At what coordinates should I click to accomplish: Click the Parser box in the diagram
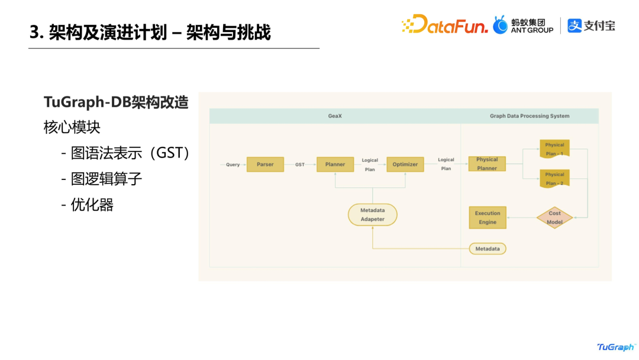[265, 165]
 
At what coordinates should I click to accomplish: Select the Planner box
[335, 165]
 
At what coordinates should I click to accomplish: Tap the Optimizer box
[405, 165]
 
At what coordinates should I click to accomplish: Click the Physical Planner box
[487, 163]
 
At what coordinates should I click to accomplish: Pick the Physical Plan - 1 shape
[554, 149]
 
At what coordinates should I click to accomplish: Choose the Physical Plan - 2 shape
[554, 178]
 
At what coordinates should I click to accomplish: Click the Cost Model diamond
[554, 218]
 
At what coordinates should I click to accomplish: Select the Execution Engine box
[488, 217]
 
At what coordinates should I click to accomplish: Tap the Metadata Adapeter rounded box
[372, 215]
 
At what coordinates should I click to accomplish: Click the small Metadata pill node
[488, 249]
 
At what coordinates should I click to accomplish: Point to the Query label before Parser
[233, 165]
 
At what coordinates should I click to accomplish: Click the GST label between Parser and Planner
[300, 165]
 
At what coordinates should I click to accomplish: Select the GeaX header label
[335, 116]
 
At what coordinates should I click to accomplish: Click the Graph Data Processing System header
[530, 116]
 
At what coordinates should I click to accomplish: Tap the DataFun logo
[445, 25]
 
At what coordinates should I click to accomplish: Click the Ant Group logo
[524, 25]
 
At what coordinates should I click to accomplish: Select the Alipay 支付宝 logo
[592, 25]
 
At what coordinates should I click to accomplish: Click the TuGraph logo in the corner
[616, 347]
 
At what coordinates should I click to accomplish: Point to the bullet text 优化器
[92, 205]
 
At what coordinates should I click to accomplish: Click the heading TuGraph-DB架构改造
[116, 102]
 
